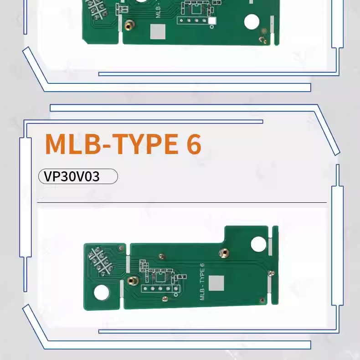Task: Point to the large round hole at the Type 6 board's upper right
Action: point(258,244)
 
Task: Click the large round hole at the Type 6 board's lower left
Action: point(102,293)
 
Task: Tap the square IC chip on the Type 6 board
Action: point(160,276)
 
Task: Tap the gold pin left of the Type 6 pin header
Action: point(132,281)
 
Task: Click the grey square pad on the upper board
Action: point(158,31)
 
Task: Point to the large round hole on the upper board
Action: point(252,21)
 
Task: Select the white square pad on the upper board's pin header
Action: point(212,21)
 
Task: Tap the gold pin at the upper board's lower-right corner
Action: point(264,40)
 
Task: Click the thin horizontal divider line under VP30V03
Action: point(182,202)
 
